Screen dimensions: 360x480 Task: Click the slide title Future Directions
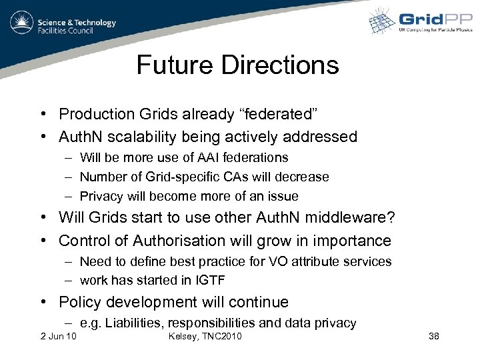click(x=237, y=65)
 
